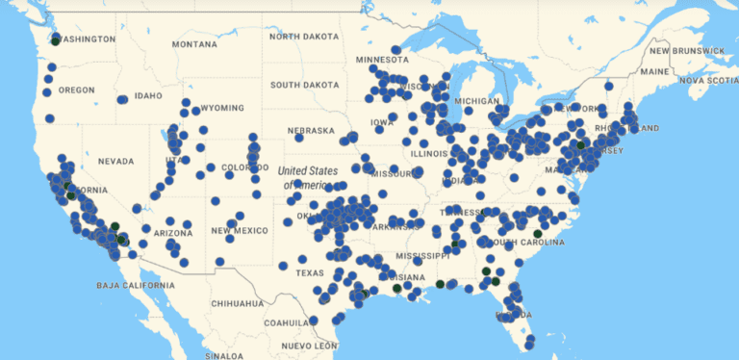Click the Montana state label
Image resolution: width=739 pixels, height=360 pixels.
click(x=195, y=44)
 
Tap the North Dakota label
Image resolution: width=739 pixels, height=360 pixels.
click(x=304, y=37)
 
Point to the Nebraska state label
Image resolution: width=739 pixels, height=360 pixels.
click(x=311, y=131)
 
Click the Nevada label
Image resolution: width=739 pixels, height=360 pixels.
click(x=115, y=161)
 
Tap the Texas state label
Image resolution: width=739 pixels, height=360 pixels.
click(x=310, y=272)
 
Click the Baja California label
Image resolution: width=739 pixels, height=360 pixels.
click(x=136, y=286)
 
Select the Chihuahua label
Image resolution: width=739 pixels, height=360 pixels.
click(x=237, y=303)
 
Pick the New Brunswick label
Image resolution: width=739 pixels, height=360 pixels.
click(x=686, y=50)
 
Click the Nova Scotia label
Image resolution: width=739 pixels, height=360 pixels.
click(x=708, y=81)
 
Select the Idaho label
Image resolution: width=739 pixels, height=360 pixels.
click(x=148, y=95)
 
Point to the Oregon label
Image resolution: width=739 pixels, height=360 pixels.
click(x=77, y=90)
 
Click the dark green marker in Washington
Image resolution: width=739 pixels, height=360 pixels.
click(x=56, y=39)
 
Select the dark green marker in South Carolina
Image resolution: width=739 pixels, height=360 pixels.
click(x=537, y=233)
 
